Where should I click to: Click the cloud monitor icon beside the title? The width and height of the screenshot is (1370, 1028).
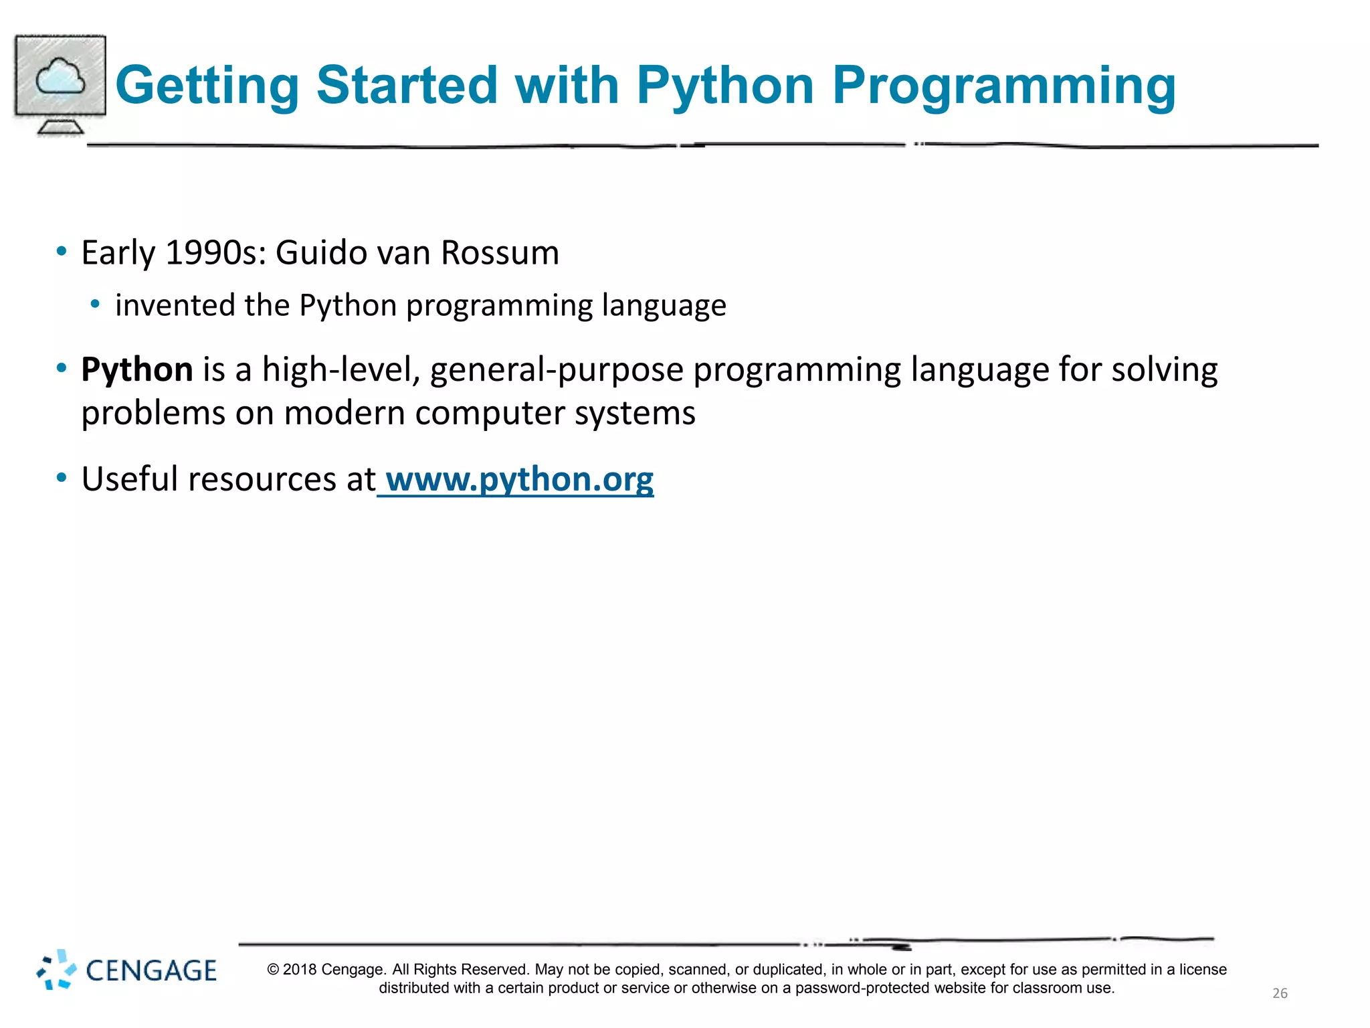click(60, 84)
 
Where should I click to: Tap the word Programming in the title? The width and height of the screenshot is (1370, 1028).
click(1003, 86)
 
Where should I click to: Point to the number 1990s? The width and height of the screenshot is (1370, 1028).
click(215, 253)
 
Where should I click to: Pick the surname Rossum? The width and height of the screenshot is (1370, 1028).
click(500, 253)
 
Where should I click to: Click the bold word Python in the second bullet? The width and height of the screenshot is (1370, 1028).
click(137, 369)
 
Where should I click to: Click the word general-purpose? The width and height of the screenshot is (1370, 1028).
click(556, 371)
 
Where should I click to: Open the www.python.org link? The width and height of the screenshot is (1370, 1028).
click(519, 480)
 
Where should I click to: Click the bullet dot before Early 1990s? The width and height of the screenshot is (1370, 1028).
click(62, 252)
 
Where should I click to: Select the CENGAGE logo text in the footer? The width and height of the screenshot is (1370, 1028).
click(151, 970)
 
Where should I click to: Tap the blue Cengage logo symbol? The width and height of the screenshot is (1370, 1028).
click(56, 969)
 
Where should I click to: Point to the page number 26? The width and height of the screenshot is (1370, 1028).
click(1280, 993)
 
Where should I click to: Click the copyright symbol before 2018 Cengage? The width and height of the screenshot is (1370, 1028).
click(273, 970)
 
